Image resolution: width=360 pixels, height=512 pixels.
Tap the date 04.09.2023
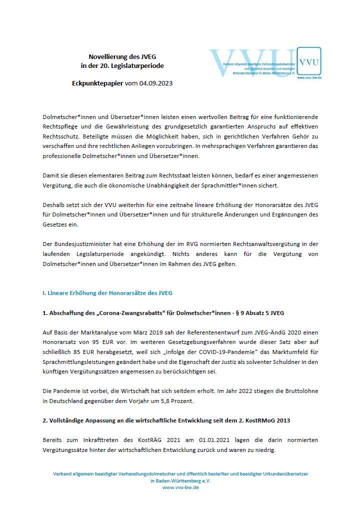[x=156, y=83]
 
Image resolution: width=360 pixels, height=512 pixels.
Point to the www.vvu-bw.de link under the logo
[x=308, y=78]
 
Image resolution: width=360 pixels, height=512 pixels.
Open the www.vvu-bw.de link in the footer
[x=180, y=487]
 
